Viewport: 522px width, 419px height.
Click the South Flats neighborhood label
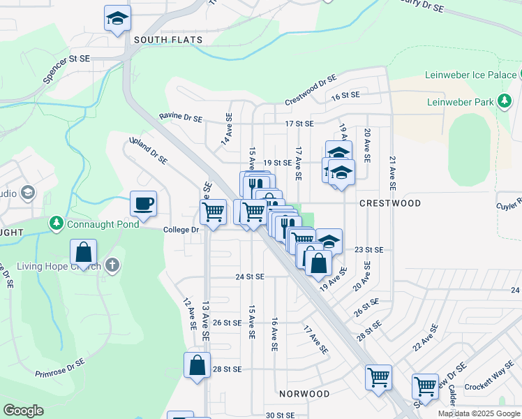[168, 40]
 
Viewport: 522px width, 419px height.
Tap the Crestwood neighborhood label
[390, 203]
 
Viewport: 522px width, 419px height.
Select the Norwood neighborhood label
[304, 394]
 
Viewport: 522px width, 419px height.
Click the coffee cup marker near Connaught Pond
[143, 204]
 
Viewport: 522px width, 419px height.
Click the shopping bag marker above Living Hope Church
[83, 252]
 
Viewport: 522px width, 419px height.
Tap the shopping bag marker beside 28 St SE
[197, 365]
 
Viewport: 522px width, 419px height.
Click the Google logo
[23, 411]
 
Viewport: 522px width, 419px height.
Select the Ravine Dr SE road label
[180, 117]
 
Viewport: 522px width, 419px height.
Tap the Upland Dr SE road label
[149, 150]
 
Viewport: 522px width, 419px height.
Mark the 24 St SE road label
[250, 277]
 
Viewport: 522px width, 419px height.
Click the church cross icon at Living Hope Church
[113, 265]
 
